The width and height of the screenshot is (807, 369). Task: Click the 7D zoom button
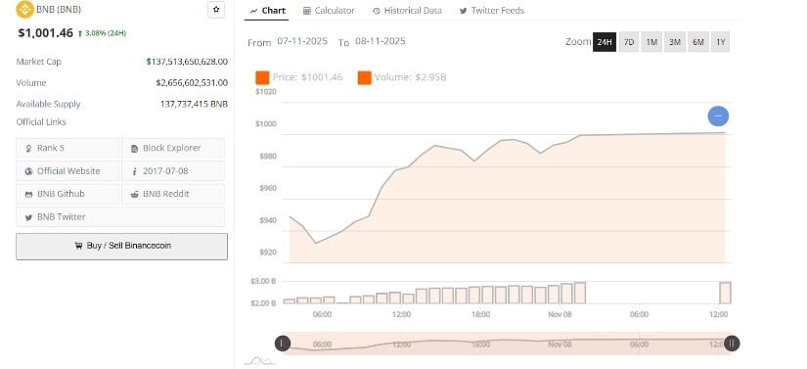[629, 42]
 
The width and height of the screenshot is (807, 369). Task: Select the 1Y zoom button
[720, 42]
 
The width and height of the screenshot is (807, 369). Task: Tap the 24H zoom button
[605, 42]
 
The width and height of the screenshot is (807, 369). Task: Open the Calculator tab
[328, 11]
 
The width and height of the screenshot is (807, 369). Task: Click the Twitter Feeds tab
[492, 11]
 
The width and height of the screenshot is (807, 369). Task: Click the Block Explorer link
[172, 148]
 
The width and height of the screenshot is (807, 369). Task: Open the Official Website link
[67, 171]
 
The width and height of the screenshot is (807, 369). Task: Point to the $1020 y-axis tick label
[265, 91]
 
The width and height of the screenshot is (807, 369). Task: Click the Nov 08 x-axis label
[560, 314]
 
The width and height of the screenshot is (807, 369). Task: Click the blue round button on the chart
[718, 116]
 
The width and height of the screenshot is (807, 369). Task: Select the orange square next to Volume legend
[364, 77]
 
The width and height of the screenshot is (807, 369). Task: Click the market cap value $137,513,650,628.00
[186, 61]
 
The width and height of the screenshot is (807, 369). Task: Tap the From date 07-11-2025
[300, 42]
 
